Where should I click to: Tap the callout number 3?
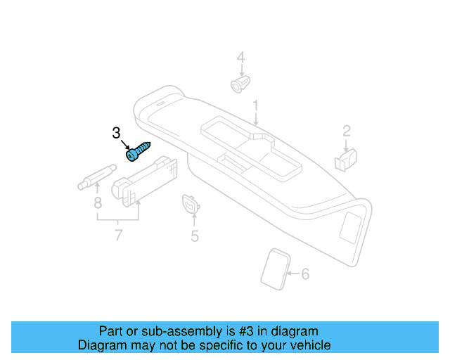point(117,133)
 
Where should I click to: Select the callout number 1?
point(256,106)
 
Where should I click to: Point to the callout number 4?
point(240,58)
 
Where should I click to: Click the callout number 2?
point(346,130)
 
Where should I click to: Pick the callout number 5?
point(195,236)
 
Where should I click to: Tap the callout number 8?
point(98,203)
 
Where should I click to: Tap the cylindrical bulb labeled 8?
point(96,176)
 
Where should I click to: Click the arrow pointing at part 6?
point(294,273)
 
